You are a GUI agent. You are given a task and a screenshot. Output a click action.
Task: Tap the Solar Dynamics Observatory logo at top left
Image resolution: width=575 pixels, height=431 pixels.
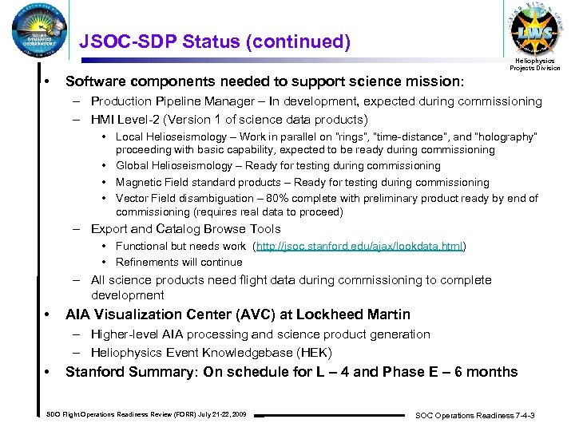coord(35,35)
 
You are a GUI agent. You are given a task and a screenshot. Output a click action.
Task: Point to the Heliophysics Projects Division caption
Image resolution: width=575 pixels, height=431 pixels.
coord(535,64)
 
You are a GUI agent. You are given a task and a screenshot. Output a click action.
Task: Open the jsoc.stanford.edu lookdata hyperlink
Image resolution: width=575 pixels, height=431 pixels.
coord(359,246)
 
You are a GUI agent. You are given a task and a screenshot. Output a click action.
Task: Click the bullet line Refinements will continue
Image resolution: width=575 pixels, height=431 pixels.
coord(179,262)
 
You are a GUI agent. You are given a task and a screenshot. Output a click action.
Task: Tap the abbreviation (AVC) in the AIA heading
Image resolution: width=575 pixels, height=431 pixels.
coord(229,314)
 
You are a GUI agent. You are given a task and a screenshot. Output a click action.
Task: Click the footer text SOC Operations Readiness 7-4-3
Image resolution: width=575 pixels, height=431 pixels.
coord(475,415)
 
